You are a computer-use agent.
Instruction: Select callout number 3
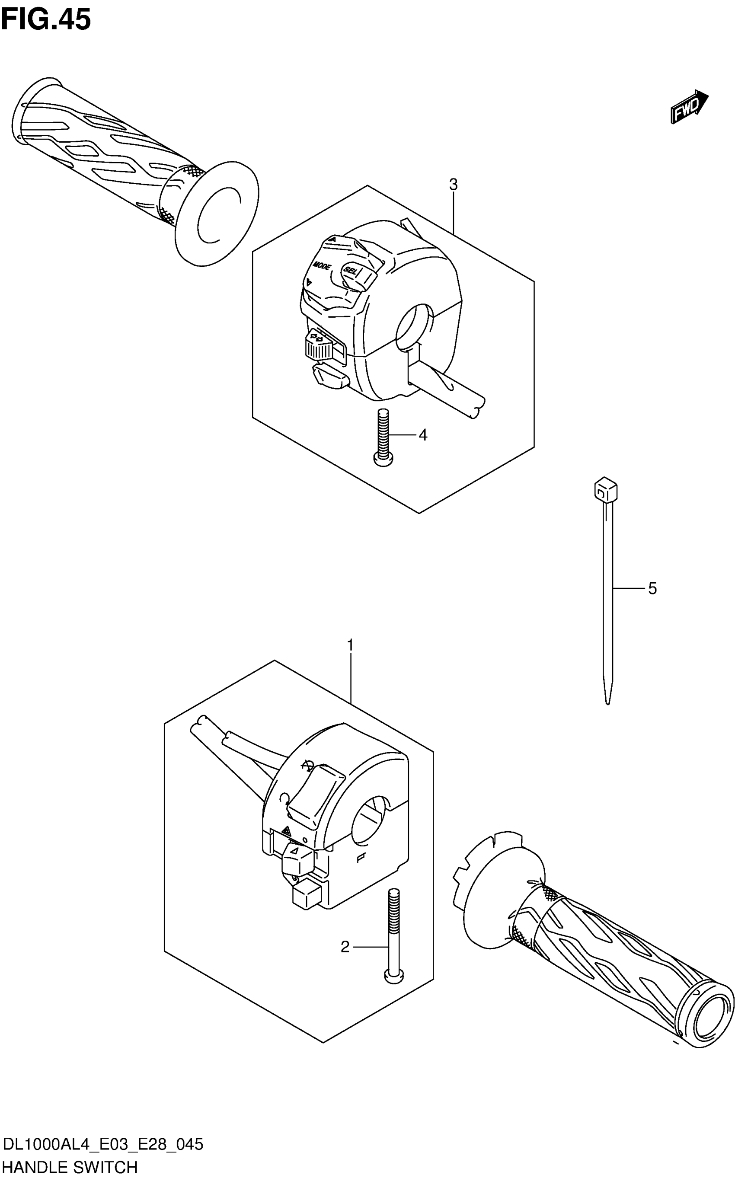453,185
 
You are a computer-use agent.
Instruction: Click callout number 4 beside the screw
423,435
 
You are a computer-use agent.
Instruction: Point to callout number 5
652,589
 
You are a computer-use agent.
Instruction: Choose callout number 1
350,645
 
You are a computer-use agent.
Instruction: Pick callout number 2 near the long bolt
345,947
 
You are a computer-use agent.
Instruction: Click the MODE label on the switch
322,266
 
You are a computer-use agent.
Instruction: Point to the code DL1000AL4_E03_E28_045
102,1145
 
